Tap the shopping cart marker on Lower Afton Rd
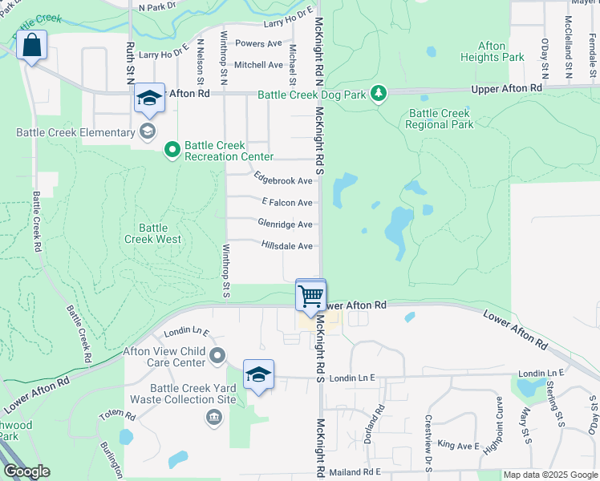pyautogui.click(x=310, y=296)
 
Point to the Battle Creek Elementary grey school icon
pyautogui.click(x=148, y=131)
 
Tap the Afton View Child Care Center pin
pyautogui.click(x=217, y=355)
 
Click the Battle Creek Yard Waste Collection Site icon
pyautogui.click(x=214, y=417)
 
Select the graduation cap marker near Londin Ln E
pyautogui.click(x=259, y=375)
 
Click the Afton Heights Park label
pyautogui.click(x=493, y=51)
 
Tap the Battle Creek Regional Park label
pyautogui.click(x=439, y=119)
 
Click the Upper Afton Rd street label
pyautogui.click(x=507, y=87)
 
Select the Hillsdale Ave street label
pyautogui.click(x=286, y=246)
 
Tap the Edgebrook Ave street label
pyautogui.click(x=282, y=180)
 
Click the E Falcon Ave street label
pyautogui.click(x=286, y=203)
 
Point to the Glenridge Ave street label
pyautogui.click(x=285, y=224)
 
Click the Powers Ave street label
pyautogui.click(x=259, y=43)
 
